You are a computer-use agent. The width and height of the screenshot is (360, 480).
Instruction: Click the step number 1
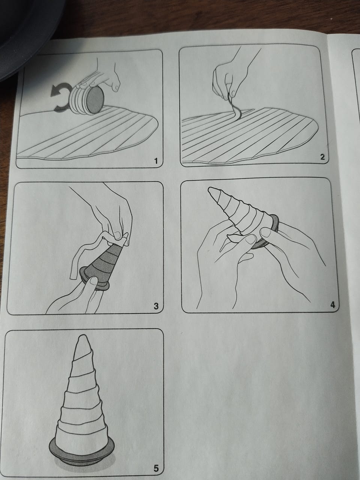[x=156, y=161]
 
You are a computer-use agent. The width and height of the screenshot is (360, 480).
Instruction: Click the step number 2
[x=322, y=157]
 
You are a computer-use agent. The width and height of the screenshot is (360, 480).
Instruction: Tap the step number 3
[x=156, y=306]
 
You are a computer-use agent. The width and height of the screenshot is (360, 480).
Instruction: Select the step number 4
[x=333, y=304]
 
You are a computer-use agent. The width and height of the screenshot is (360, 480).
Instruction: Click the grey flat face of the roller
[x=95, y=100]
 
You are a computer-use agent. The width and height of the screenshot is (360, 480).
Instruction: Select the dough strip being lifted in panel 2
[x=235, y=107]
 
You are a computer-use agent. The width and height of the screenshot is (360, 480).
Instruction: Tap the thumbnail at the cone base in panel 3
[x=94, y=280]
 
